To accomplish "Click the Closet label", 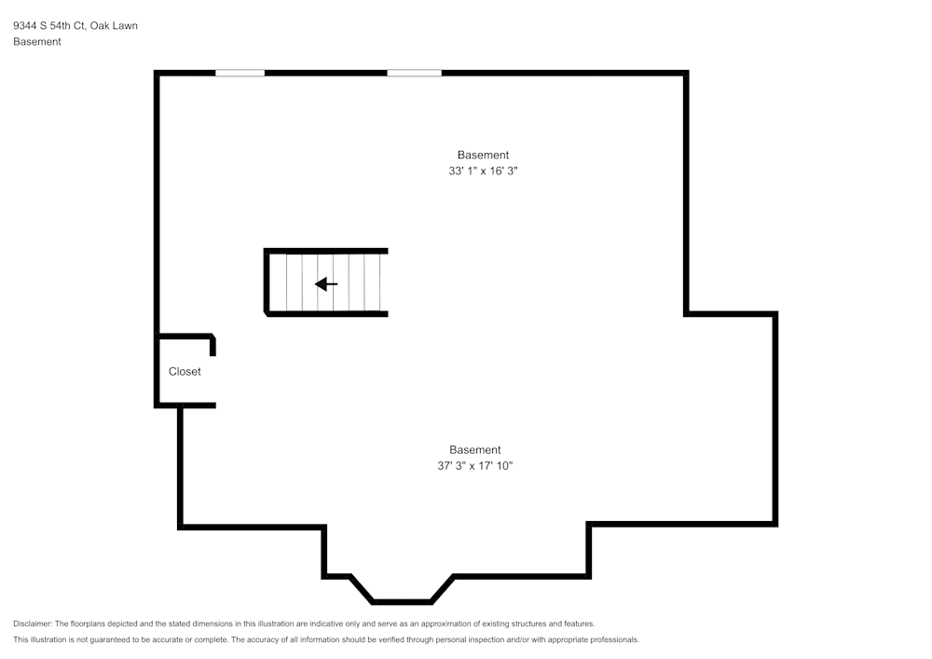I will [x=185, y=371].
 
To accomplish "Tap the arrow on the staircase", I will [x=326, y=283].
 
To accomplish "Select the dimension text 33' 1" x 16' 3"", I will [x=483, y=172].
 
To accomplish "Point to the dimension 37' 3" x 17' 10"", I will [x=475, y=466].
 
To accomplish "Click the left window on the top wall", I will [x=240, y=73].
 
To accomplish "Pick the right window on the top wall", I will [x=414, y=73].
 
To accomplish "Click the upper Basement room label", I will [x=483, y=155].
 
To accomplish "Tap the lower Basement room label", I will [x=475, y=449].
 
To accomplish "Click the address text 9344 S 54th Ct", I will [x=48, y=26].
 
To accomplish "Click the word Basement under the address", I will [x=37, y=42].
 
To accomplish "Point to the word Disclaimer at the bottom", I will [x=33, y=624].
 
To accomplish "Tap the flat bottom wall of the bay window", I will [x=403, y=601].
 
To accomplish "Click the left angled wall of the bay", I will [x=362, y=589].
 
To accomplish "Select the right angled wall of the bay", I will [x=443, y=589].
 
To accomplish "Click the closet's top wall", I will [x=186, y=336].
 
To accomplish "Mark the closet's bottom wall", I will [x=186, y=405].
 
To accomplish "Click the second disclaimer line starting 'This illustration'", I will [x=326, y=639].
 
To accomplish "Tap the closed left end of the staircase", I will [x=267, y=282].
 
